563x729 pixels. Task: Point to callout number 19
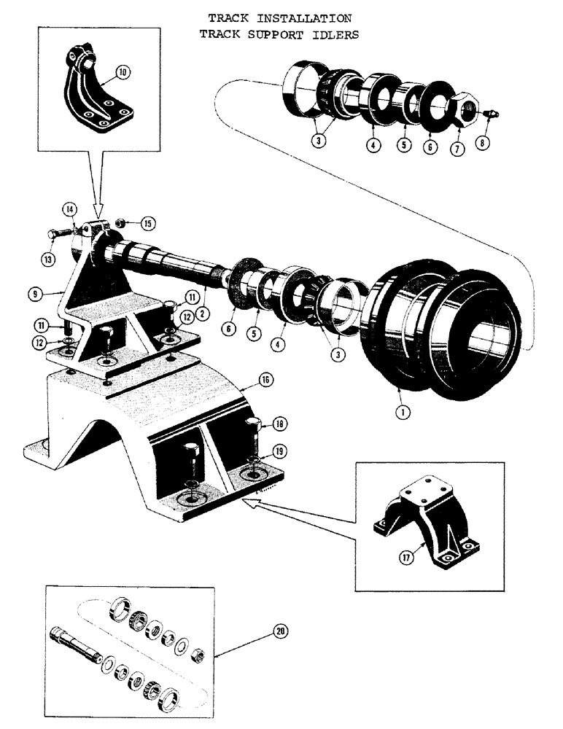(279, 451)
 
